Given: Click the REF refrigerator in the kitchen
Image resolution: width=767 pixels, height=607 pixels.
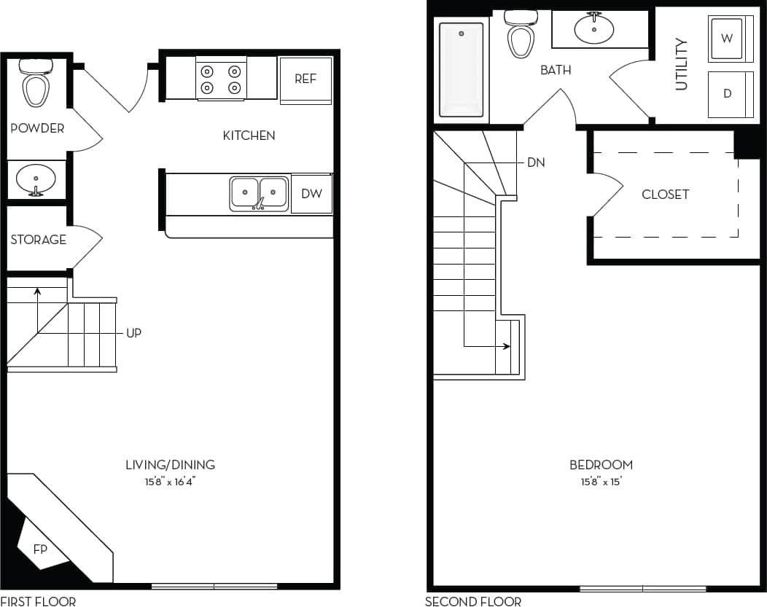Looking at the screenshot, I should [x=305, y=79].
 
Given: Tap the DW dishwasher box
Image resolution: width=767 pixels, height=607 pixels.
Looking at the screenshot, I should [x=311, y=194].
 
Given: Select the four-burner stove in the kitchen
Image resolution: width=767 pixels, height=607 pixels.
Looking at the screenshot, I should [x=221, y=79].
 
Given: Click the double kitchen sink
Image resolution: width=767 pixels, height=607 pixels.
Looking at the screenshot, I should [x=259, y=193].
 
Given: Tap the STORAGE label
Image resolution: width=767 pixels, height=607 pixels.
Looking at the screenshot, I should [x=39, y=240].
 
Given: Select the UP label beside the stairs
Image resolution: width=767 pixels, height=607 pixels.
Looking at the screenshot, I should [x=133, y=333].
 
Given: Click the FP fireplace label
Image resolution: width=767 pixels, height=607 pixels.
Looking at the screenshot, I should [x=40, y=549].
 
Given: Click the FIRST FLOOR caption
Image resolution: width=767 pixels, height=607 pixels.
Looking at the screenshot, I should [x=38, y=601].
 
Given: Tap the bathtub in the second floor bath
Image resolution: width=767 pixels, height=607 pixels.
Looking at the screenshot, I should [x=461, y=69].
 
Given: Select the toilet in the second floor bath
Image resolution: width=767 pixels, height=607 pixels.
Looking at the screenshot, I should [x=521, y=34].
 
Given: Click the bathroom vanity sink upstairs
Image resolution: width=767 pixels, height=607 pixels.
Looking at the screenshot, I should [x=594, y=29].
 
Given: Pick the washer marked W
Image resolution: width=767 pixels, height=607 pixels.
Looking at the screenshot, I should [x=727, y=39].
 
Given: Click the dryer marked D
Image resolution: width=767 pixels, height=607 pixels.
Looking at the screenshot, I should [x=727, y=94].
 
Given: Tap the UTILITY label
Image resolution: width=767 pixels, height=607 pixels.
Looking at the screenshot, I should [x=682, y=65].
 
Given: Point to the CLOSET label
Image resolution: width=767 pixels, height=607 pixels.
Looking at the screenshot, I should [x=666, y=195].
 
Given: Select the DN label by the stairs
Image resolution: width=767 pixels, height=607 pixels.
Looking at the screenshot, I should [x=536, y=162].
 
